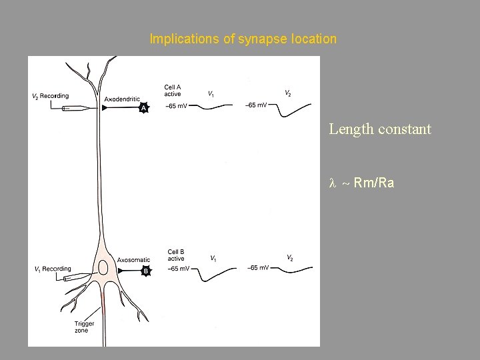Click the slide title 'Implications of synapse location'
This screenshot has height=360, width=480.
[x=243, y=39]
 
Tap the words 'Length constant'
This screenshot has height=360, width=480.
[x=380, y=129]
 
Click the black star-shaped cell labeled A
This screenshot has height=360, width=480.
[x=143, y=107]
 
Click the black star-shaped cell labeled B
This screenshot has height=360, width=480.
[x=145, y=271]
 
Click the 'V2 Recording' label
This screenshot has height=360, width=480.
[x=51, y=96]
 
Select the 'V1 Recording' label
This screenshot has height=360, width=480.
[x=53, y=269]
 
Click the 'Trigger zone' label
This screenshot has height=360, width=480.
[x=85, y=327]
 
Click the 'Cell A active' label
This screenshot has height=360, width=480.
[x=173, y=90]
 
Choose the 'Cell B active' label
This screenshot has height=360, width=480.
[x=176, y=255]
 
